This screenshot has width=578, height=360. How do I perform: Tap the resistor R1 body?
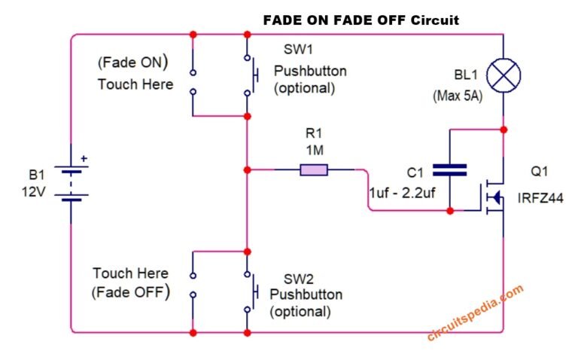pyautogui.click(x=314, y=170)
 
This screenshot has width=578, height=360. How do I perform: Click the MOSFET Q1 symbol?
pyautogui.click(x=493, y=197)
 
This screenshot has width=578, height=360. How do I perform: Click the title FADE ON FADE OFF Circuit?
pyautogui.click(x=360, y=20)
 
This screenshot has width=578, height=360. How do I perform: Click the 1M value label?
pyautogui.click(x=315, y=151)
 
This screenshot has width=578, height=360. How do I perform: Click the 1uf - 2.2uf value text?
pyautogui.click(x=403, y=193)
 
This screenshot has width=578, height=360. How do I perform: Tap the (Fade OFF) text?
pyautogui.click(x=129, y=291)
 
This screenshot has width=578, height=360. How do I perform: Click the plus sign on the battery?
pyautogui.click(x=84, y=159)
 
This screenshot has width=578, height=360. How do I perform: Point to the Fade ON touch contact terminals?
pyautogui.click(x=193, y=82)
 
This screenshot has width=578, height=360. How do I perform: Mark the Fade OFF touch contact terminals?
pyautogui.click(x=193, y=285)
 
